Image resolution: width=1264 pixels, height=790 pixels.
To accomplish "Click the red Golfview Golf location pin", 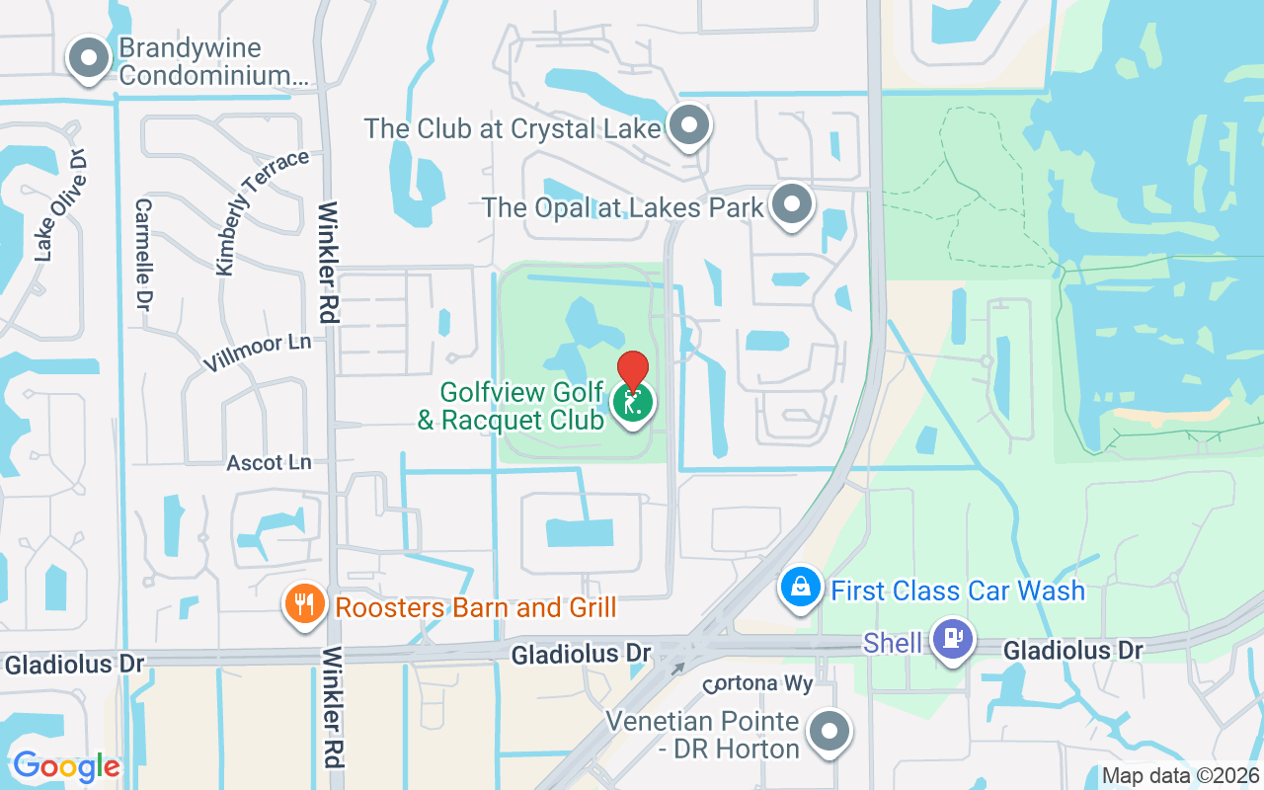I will (632, 370).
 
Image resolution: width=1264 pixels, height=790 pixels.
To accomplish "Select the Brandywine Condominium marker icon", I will (90, 58).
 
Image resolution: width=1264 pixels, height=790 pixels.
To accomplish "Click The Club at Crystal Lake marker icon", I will (689, 125).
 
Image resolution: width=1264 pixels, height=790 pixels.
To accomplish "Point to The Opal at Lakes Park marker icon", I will (791, 205).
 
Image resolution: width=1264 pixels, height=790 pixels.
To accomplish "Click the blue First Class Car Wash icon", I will (802, 588).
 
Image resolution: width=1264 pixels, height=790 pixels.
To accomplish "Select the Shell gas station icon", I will (953, 639).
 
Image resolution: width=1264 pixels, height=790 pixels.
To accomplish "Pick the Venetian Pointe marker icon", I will (829, 732).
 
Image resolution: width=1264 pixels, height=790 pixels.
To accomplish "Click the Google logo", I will (66, 766).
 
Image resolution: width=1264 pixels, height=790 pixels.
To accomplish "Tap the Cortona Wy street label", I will (757, 684).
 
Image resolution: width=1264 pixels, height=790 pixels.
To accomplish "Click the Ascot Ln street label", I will (269, 462).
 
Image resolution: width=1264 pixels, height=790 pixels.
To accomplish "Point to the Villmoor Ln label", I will (257, 352).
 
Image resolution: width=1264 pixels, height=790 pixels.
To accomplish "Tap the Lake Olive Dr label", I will (62, 204).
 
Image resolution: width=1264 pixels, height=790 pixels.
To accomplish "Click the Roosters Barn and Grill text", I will (476, 606).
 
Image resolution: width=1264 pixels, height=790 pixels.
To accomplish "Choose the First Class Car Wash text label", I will (958, 591).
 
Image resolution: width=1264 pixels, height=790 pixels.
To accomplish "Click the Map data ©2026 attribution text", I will (1180, 776).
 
